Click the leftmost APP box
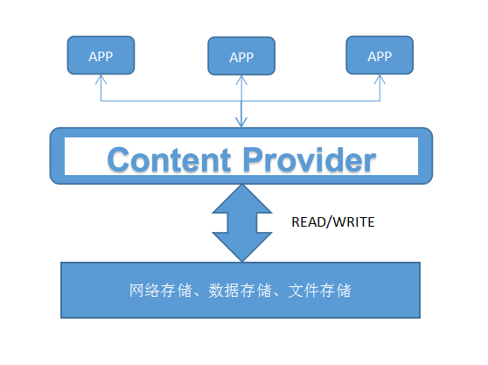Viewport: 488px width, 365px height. pos(101,55)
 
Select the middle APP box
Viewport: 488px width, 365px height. pos(241,57)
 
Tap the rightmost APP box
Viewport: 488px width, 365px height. pos(380,55)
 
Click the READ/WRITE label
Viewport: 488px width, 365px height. pos(332,222)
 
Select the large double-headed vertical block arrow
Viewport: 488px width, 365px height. pos(242,222)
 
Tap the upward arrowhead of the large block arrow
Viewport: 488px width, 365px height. pos(242,197)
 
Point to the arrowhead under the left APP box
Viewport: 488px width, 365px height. pos(101,79)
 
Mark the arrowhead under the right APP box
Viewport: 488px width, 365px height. pos(380,79)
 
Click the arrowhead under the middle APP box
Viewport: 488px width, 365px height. pos(241,81)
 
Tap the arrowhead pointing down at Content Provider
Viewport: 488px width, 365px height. pos(241,123)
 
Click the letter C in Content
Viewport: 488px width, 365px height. pos(121,159)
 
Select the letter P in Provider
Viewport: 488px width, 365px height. pos(254,159)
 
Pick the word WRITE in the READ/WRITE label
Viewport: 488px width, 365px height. pos(353,222)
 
